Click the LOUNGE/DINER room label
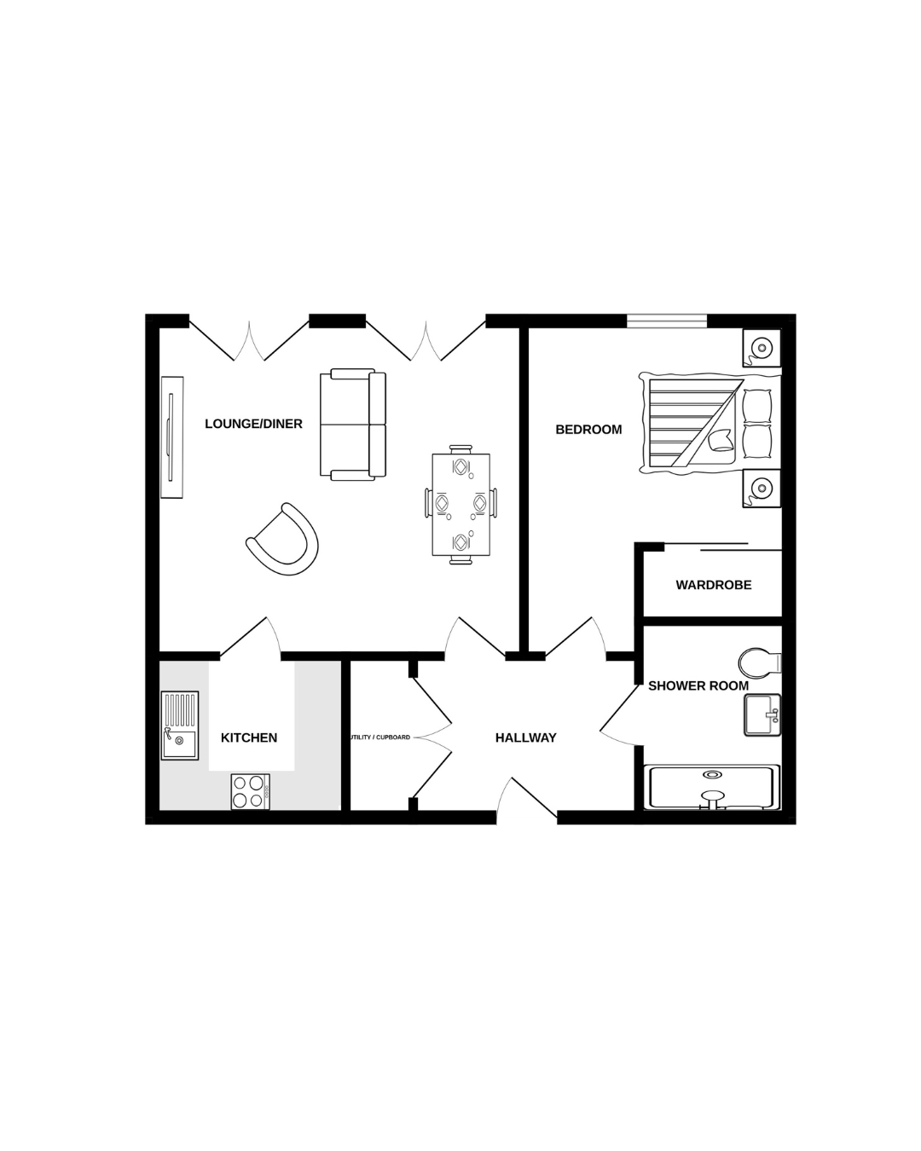[253, 424]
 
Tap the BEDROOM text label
[588, 430]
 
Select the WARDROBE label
[714, 585]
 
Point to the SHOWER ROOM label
[698, 685]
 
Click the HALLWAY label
[525, 738]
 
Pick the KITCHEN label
[249, 738]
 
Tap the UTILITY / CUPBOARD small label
[380, 737]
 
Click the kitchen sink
[180, 726]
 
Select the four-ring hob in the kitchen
[251, 791]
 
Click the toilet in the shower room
[759, 663]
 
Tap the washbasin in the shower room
[762, 714]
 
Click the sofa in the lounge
[353, 425]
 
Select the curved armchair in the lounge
[282, 540]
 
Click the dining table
[460, 505]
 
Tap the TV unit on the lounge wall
[172, 437]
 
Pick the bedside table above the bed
[762, 348]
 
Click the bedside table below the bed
[762, 488]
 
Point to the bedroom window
[667, 321]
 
